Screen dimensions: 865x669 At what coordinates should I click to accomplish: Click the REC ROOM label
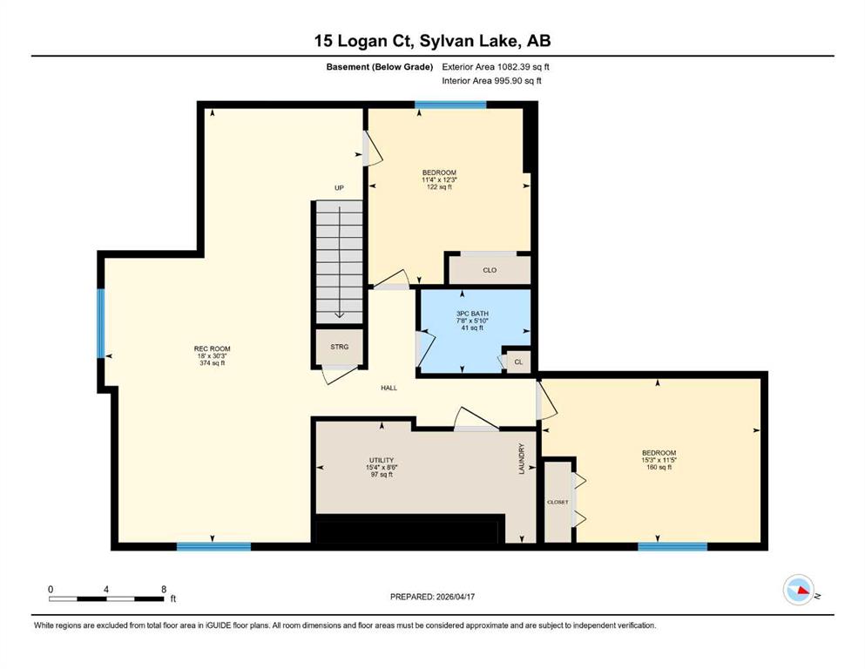tap(212, 348)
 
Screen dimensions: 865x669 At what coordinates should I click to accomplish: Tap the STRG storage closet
tap(339, 347)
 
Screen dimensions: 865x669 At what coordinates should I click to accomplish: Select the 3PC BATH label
tap(472, 314)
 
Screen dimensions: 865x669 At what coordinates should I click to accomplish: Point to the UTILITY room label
tap(382, 460)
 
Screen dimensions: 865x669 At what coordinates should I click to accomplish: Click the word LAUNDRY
tap(521, 459)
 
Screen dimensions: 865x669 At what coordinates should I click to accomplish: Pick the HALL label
tap(389, 388)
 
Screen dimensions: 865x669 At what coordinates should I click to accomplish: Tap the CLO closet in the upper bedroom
tap(490, 270)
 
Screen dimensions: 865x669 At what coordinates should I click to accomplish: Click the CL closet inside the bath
tap(518, 362)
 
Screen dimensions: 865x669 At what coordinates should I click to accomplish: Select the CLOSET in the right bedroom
tap(558, 502)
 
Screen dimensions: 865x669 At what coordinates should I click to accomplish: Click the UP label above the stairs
tap(339, 188)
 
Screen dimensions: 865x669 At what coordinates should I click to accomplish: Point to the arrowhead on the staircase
tap(339, 315)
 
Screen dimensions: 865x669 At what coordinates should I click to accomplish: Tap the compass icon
tap(799, 590)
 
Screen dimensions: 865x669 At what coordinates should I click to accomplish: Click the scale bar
tap(106, 598)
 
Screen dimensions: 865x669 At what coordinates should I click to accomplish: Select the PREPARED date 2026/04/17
tap(432, 597)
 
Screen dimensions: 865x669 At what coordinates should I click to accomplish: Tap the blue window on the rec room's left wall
tap(101, 323)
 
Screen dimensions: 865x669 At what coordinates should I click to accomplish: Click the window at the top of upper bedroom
tap(450, 105)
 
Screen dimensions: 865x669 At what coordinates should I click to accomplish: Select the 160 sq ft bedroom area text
tap(659, 467)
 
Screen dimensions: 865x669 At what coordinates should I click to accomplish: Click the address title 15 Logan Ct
tap(364, 41)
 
